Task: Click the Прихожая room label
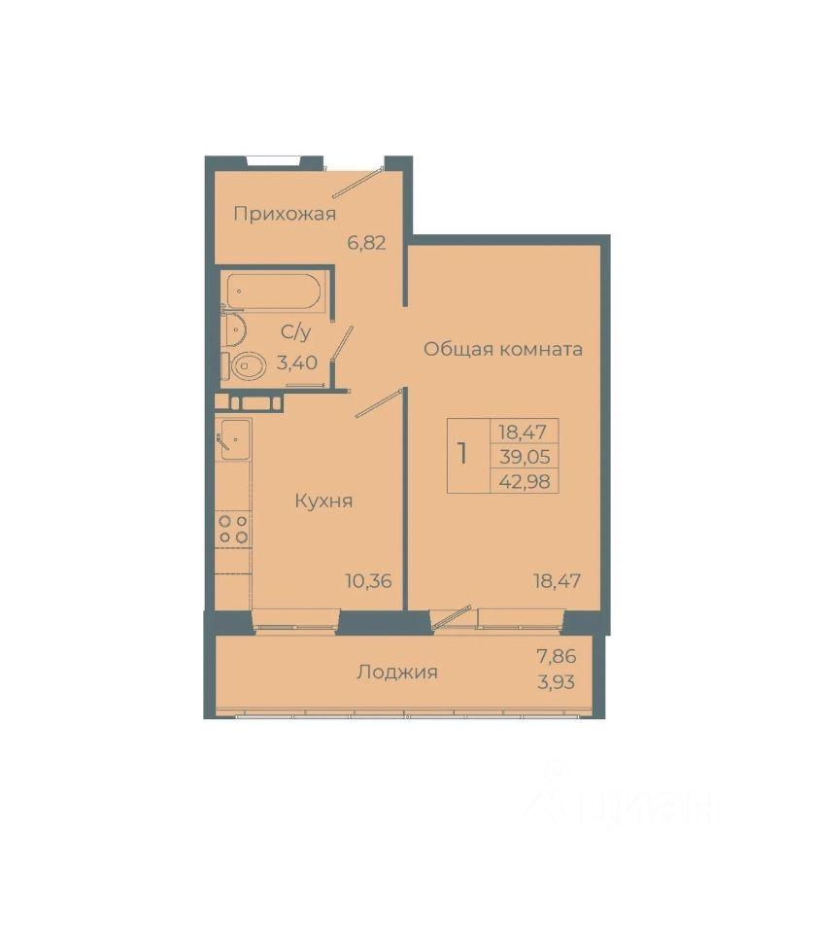click(285, 214)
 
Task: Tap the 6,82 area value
click(367, 243)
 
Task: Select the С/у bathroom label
click(296, 332)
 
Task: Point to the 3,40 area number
click(296, 362)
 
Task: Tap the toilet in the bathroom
click(244, 366)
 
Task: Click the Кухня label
click(324, 501)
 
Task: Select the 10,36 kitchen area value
click(369, 581)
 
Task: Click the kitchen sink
click(236, 439)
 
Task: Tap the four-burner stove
click(233, 530)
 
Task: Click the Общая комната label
click(502, 349)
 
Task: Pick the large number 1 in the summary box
click(462, 454)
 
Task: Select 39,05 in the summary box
click(525, 457)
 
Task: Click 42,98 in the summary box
click(525, 481)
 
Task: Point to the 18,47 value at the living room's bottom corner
click(558, 581)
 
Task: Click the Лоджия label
click(397, 673)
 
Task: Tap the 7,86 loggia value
click(557, 657)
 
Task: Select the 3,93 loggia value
click(557, 682)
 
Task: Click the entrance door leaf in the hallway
click(356, 183)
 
